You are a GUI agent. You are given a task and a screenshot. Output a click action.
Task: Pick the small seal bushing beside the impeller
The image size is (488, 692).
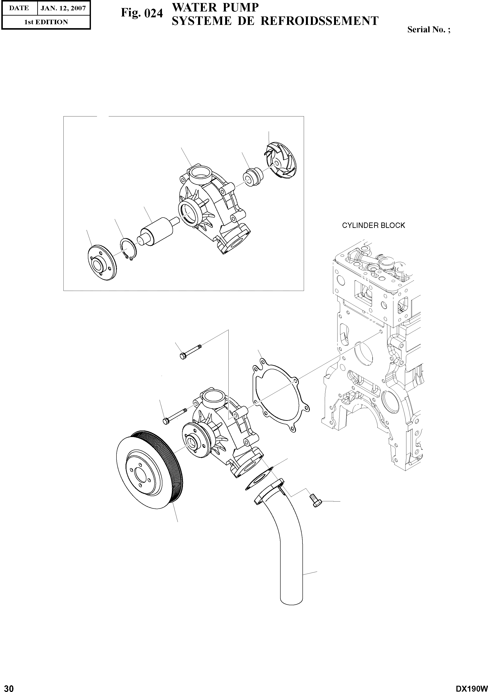click(253, 178)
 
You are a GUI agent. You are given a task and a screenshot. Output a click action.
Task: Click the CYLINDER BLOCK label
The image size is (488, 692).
click(373, 226)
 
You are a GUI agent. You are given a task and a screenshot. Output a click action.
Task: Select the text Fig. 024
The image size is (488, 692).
click(142, 13)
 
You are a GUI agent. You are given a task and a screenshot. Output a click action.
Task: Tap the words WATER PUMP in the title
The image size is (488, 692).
click(215, 8)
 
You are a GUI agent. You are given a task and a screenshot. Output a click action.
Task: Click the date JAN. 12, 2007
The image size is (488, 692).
click(63, 8)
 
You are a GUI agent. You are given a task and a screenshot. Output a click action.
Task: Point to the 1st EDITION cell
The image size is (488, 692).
click(46, 22)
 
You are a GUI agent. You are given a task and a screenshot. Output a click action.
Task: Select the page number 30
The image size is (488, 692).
click(7, 686)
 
